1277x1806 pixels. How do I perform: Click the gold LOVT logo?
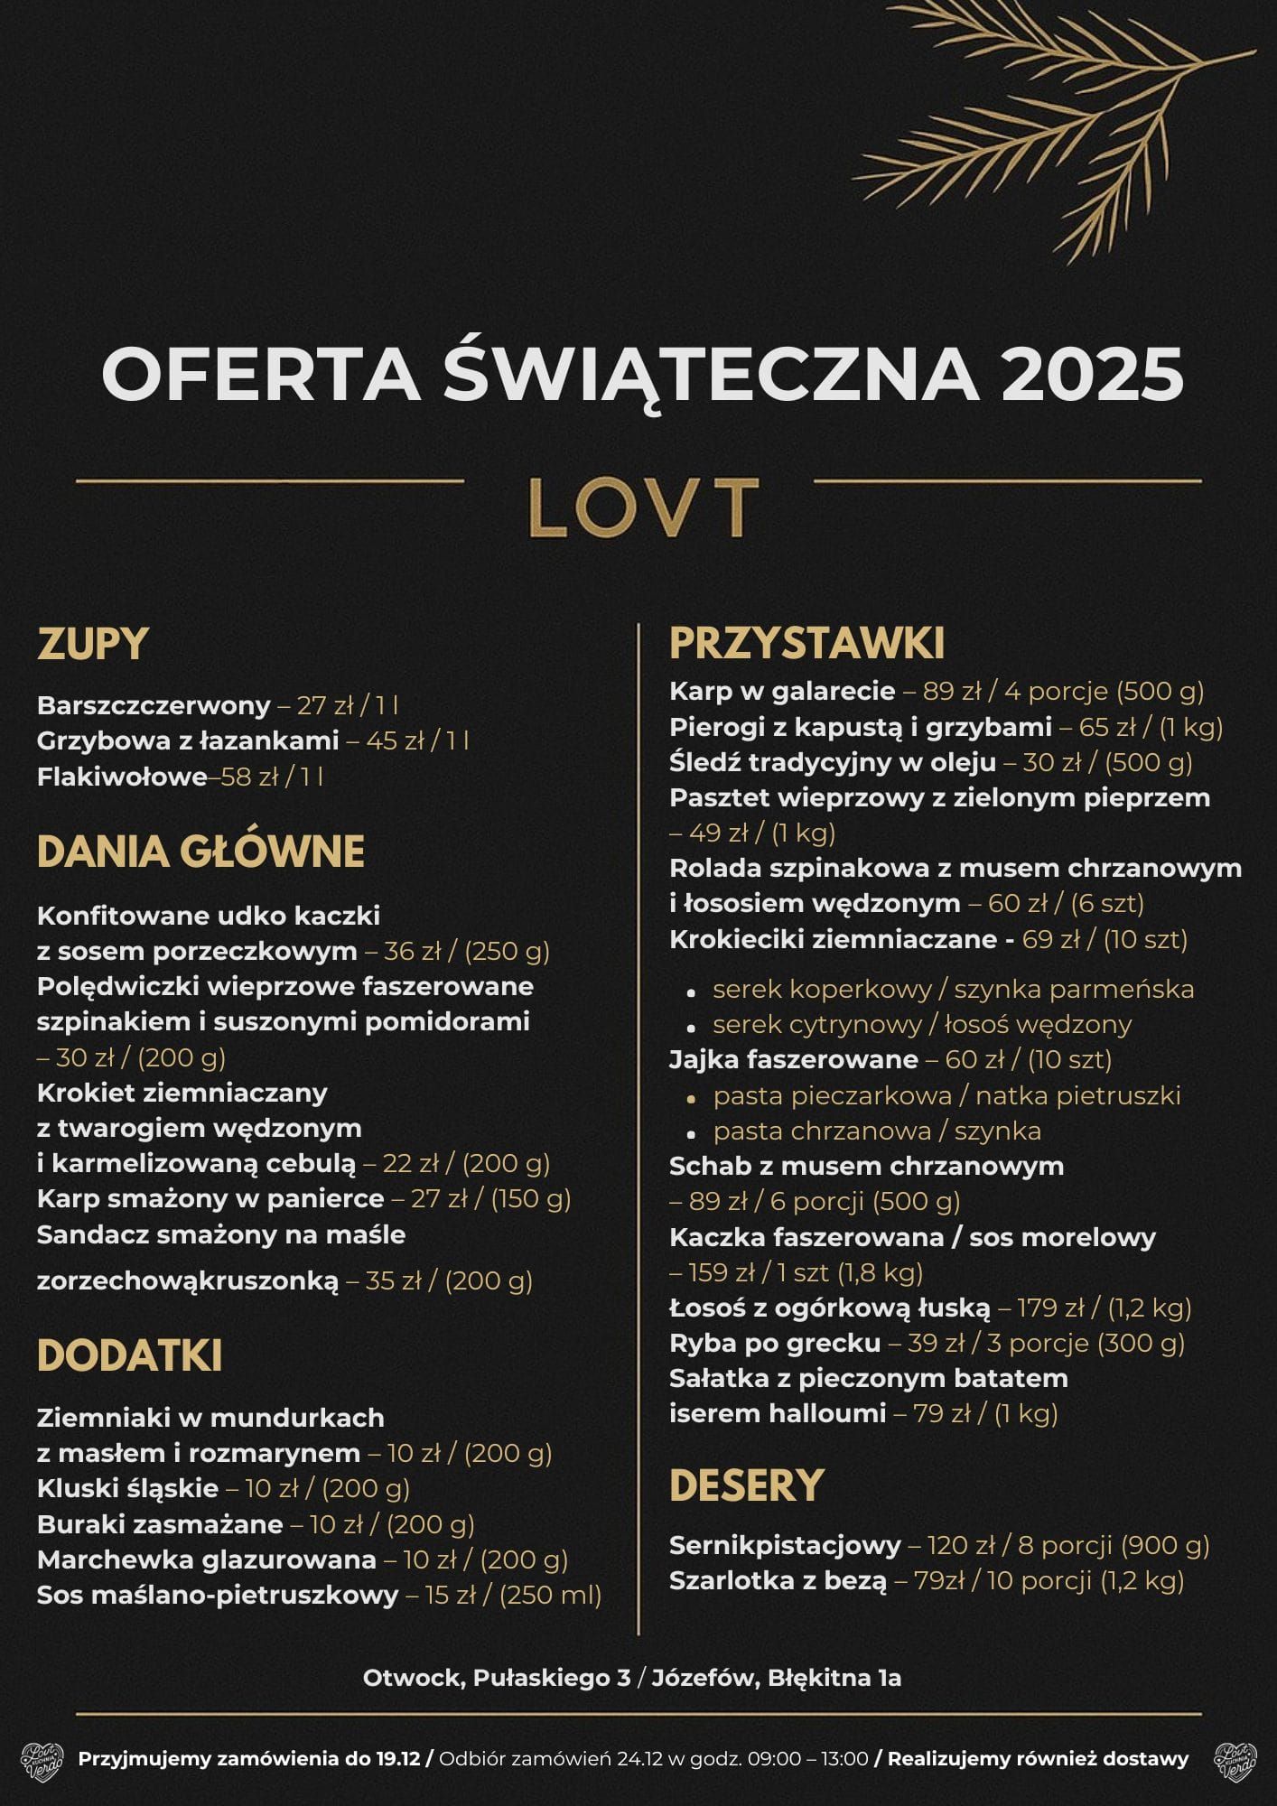point(642,507)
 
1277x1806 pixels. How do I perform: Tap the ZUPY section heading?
point(93,645)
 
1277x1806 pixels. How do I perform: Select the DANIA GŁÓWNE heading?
point(200,852)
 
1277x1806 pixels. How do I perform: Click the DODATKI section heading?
point(129,1356)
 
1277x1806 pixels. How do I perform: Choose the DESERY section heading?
point(746,1485)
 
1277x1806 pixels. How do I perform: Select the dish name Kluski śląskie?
point(127,1488)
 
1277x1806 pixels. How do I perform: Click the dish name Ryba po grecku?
point(774,1343)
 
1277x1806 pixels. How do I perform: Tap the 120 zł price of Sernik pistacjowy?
point(955,1545)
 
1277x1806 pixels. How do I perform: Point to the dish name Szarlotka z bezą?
point(778,1580)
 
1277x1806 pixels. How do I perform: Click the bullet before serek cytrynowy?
point(691,1027)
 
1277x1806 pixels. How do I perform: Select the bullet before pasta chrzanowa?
point(691,1133)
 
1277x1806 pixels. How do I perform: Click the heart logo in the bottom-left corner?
point(42,1760)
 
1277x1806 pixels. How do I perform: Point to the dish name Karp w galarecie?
point(781,691)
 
